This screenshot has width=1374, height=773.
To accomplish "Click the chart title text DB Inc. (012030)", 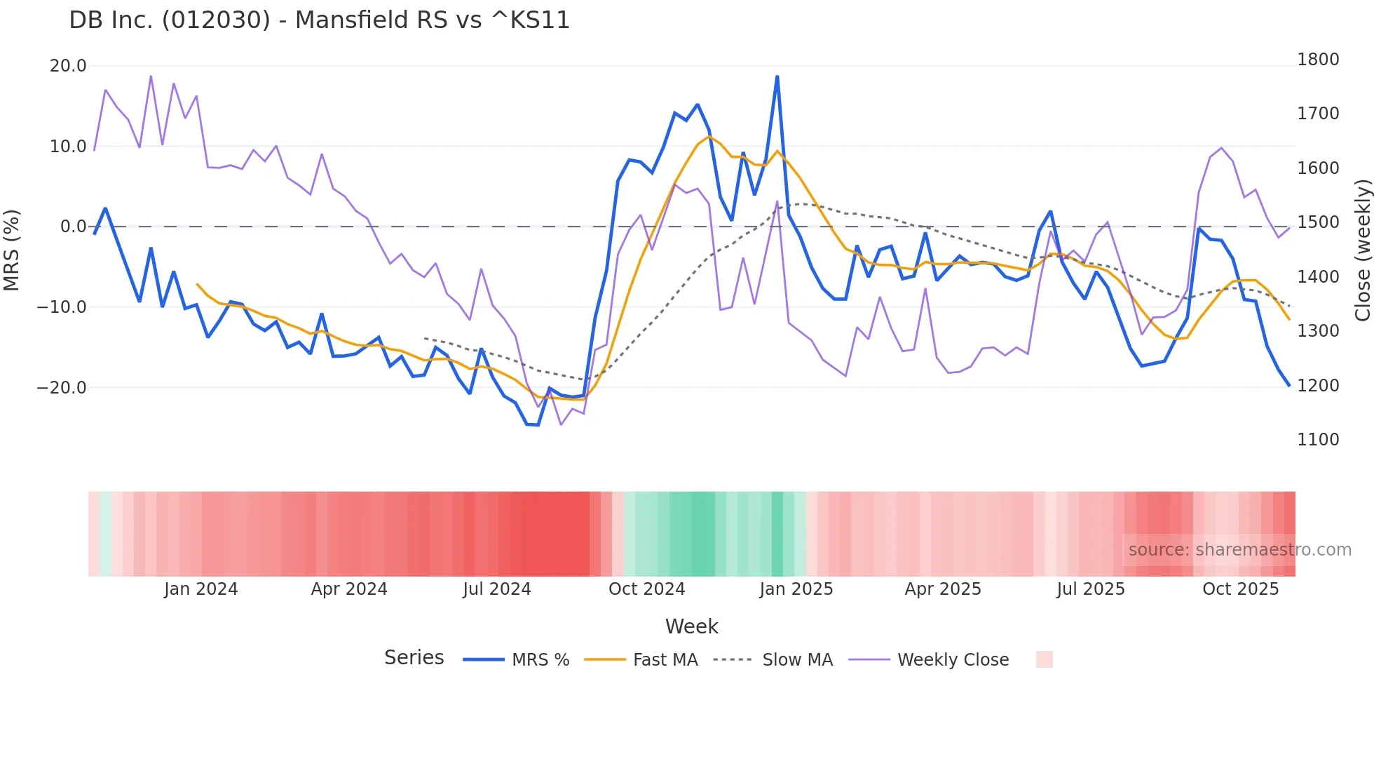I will coord(319,20).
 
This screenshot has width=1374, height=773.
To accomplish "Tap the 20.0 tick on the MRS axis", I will coord(68,66).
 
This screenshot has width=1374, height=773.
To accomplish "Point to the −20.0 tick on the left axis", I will coord(62,387).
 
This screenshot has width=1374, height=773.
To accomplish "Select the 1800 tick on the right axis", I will coord(1318,60).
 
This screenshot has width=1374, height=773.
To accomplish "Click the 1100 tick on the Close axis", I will coord(1318,440).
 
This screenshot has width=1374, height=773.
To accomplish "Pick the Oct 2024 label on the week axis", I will coord(646,589).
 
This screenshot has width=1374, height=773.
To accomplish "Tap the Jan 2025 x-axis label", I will coord(796,589).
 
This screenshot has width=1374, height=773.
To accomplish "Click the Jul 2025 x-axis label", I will coord(1090,589).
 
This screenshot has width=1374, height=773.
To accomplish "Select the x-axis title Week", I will coord(691,626).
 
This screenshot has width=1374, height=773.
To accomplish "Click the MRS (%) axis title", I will coord(12,250).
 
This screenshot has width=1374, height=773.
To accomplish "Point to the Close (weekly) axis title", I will coord(1362,250).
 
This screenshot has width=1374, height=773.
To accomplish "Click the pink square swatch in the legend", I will coord(1044,659).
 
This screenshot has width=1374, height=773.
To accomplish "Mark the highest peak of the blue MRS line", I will coord(777,76).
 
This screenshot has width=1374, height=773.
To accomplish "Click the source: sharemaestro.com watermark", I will coord(1239,550).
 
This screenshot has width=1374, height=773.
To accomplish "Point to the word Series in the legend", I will coord(414,658).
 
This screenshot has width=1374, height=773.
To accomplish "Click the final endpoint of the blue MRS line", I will coord(1288,385).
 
